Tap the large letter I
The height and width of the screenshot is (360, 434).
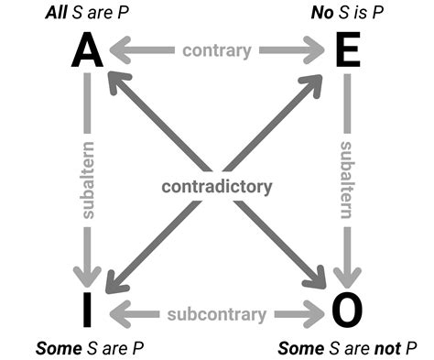87,310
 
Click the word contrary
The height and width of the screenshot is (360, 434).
217,50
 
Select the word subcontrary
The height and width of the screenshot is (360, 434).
217,314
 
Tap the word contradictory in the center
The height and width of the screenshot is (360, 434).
217,187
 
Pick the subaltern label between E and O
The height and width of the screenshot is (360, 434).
347,180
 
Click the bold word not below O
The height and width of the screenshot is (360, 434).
379,348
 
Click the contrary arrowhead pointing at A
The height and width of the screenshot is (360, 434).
116,50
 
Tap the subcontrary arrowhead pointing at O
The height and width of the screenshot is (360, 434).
317,314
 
